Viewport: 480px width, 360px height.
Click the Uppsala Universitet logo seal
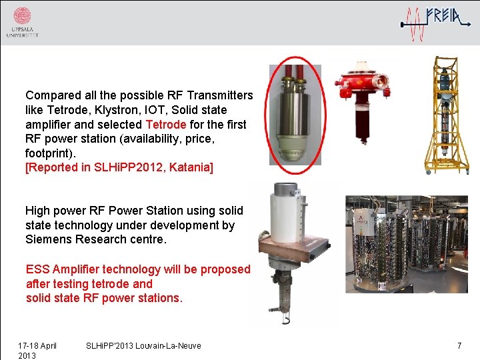point(22,15)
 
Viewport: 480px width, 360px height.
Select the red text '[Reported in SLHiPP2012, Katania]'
point(119,167)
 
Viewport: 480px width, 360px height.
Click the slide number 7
point(459,345)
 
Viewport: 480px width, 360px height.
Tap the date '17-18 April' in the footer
point(37,345)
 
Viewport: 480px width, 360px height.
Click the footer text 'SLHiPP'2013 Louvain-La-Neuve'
point(143,345)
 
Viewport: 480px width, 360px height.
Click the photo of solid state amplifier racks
point(406,243)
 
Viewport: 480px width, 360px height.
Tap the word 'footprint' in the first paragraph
point(50,153)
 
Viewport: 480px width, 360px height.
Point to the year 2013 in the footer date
point(27,355)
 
